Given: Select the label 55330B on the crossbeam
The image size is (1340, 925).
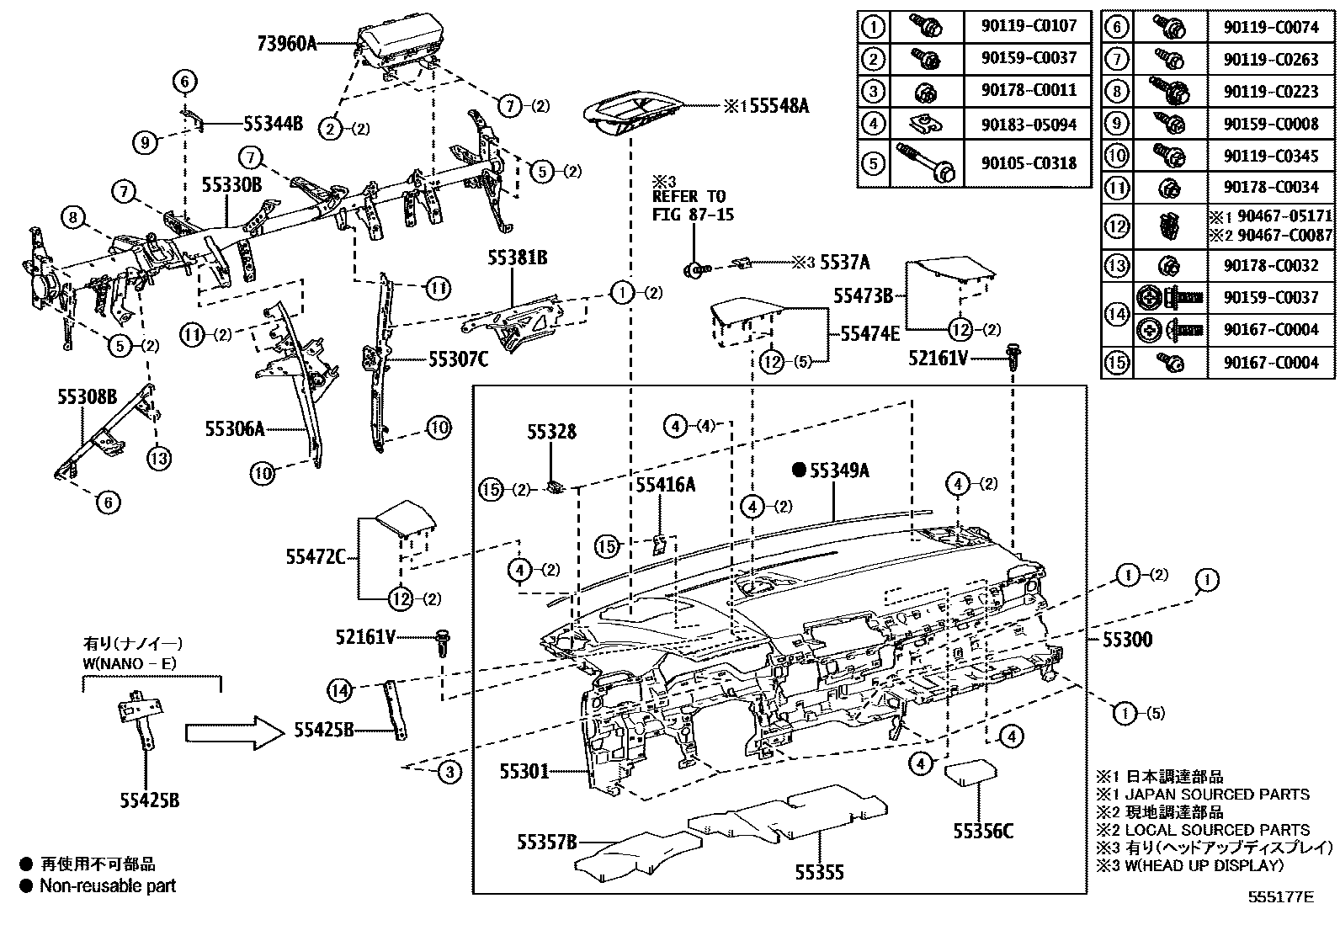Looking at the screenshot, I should (231, 183).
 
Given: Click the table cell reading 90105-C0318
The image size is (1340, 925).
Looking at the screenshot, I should (1029, 163).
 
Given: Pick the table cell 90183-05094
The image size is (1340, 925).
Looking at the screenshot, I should (1029, 125).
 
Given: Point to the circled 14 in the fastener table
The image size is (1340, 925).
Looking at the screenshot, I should (1116, 313).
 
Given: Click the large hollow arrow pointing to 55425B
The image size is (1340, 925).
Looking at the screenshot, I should (231, 731).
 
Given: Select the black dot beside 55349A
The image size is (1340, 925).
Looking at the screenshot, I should (799, 470).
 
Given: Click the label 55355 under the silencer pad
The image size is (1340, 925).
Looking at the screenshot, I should (819, 874).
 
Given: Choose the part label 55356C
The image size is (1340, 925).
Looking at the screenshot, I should (982, 832).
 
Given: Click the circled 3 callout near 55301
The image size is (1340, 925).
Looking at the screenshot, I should (449, 771).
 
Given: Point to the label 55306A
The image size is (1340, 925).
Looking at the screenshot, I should (234, 429).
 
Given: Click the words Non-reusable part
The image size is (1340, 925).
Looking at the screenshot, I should (108, 885).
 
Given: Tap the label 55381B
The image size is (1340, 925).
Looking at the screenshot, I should (516, 258).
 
